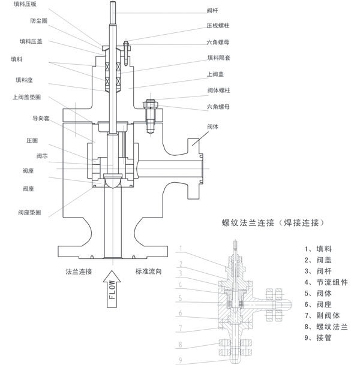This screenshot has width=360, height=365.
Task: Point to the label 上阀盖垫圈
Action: (x=27, y=96)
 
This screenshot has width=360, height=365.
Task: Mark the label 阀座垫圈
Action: (x=29, y=212)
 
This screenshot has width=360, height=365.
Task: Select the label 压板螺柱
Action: (x=218, y=26)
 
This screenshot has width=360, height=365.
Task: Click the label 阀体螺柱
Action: (x=218, y=90)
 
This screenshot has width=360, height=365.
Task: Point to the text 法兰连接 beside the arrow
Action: (x=79, y=270)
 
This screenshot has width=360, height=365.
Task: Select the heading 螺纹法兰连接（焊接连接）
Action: (x=273, y=223)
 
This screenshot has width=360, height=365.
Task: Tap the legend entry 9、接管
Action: (x=318, y=339)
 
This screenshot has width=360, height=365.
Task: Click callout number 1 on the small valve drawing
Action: (x=181, y=247)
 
